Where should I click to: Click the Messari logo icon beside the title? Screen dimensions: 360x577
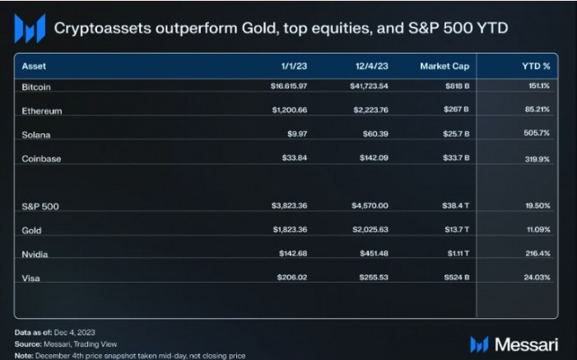30,29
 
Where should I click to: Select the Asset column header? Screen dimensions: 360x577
34,65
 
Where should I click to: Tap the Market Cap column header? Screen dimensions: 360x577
444,65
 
